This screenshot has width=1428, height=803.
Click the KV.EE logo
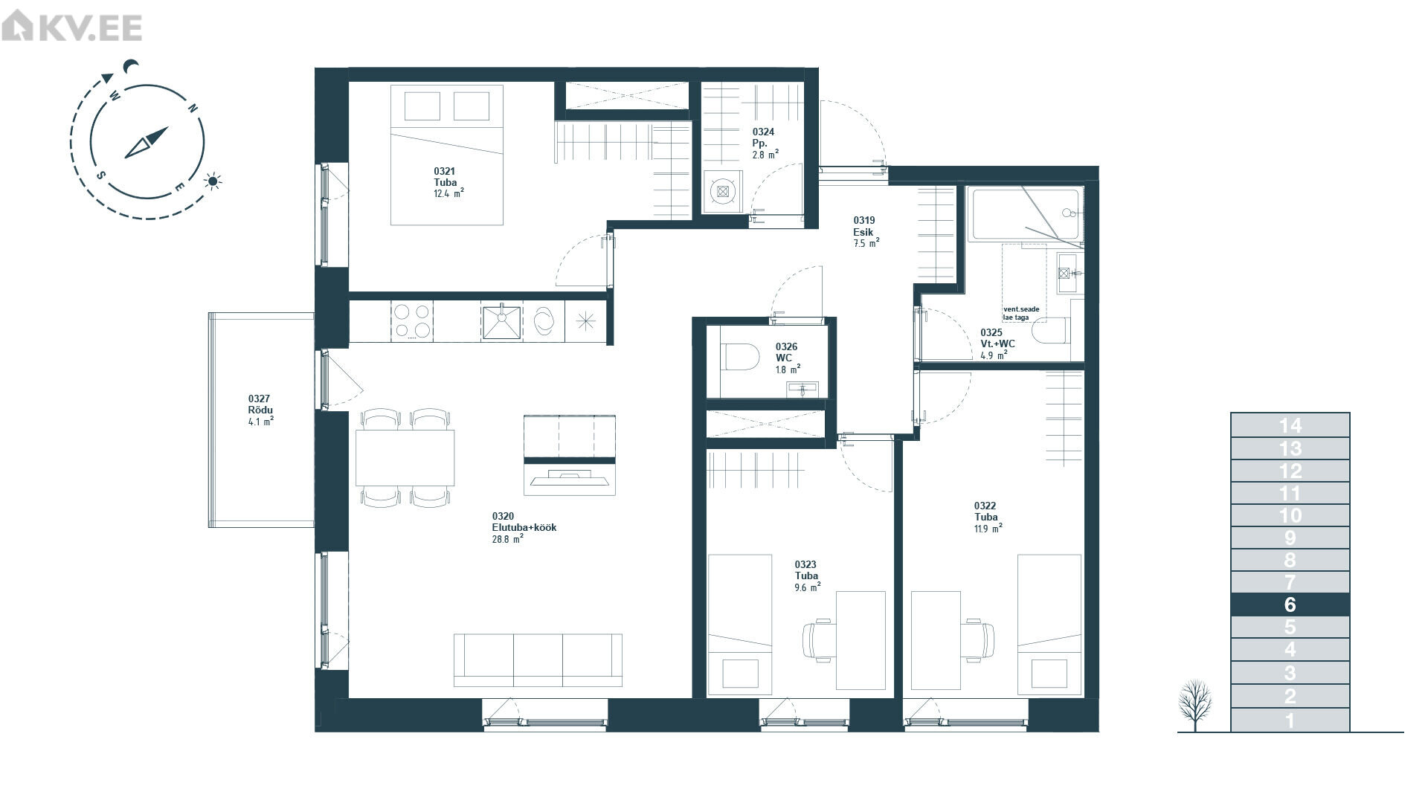pos(71,28)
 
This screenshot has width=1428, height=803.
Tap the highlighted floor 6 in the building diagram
pos(1290,604)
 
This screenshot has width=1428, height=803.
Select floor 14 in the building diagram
pos(1290,425)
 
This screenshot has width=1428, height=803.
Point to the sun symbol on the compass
pos(213,181)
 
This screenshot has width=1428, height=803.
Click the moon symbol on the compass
pos(132,67)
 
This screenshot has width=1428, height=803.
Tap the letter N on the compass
pos(192,109)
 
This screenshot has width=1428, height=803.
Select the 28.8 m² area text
pos(507,539)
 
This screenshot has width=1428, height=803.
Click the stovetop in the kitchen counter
pos(413,321)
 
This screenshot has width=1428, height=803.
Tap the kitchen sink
pos(501,321)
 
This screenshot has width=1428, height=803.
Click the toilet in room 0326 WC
pos(740,357)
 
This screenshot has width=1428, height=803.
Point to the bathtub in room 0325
pos(1026,214)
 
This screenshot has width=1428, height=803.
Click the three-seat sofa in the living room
pos(538,660)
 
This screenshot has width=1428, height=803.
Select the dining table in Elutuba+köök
pos(405,457)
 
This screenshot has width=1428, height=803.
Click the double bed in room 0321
pos(447,155)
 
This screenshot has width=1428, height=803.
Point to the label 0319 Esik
pos(864,226)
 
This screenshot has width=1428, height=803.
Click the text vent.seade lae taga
pos(1020,313)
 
